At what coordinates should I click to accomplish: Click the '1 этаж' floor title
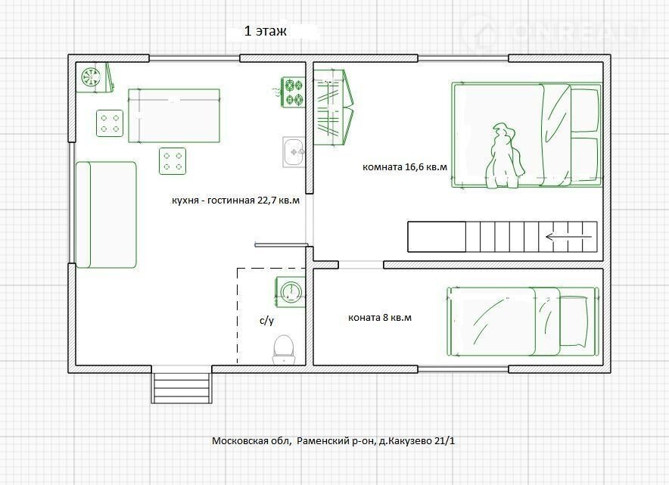tap(265, 31)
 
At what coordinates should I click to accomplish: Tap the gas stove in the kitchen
tap(293, 92)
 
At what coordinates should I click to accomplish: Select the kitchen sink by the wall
tap(294, 152)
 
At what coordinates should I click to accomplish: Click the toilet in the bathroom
tap(284, 350)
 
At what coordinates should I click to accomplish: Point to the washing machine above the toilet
tap(290, 291)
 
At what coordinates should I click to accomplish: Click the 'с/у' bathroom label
tap(266, 321)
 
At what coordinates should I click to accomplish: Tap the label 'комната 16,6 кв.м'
tap(405, 166)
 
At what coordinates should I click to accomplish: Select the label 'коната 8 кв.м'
tap(380, 318)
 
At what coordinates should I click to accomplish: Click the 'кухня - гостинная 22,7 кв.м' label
tap(235, 200)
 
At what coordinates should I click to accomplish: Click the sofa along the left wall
tap(105, 215)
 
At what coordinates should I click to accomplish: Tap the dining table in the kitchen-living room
tap(174, 116)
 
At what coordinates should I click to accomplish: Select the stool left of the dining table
tap(110, 123)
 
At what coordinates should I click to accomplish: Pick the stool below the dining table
tap(173, 161)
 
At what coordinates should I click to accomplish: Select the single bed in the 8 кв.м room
tap(523, 322)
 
